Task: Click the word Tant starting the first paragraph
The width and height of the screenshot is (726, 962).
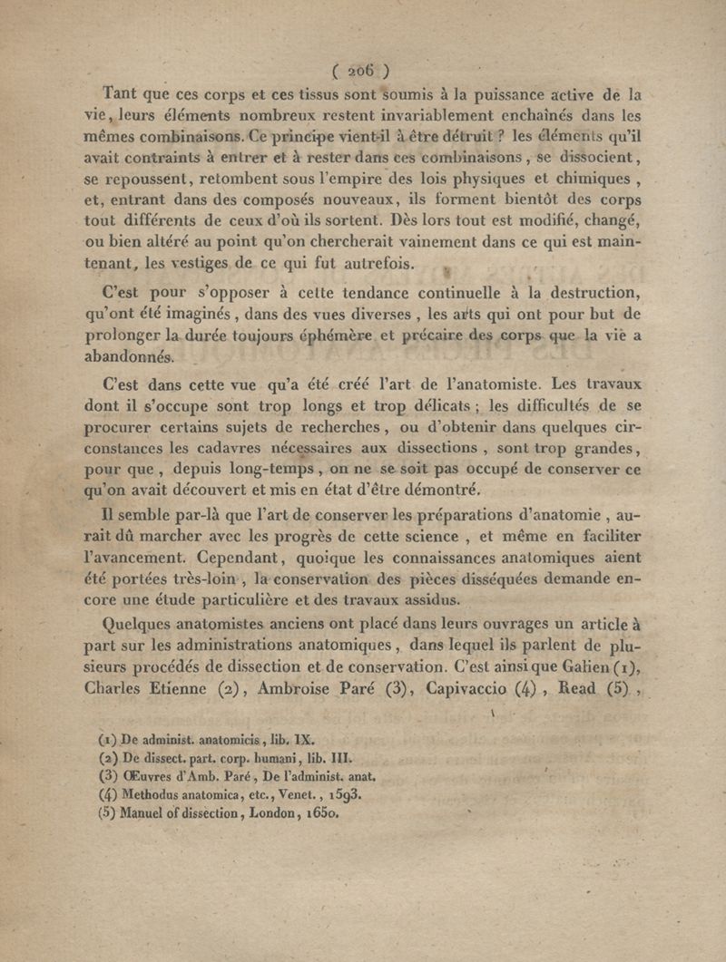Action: [124, 92]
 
